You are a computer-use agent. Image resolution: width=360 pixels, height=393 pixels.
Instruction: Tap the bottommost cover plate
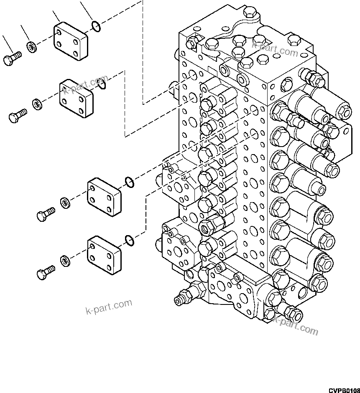(x=104, y=255)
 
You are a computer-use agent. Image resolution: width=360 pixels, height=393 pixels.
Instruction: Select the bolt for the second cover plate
(x=17, y=115)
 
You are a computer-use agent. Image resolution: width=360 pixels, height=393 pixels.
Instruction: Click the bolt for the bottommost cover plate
(x=46, y=273)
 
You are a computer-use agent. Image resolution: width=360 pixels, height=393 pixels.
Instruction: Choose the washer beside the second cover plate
(x=37, y=103)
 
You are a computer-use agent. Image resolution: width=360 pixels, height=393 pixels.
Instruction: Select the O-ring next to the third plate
(x=130, y=182)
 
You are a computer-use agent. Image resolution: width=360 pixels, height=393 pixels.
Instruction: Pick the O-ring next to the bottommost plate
(x=130, y=240)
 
